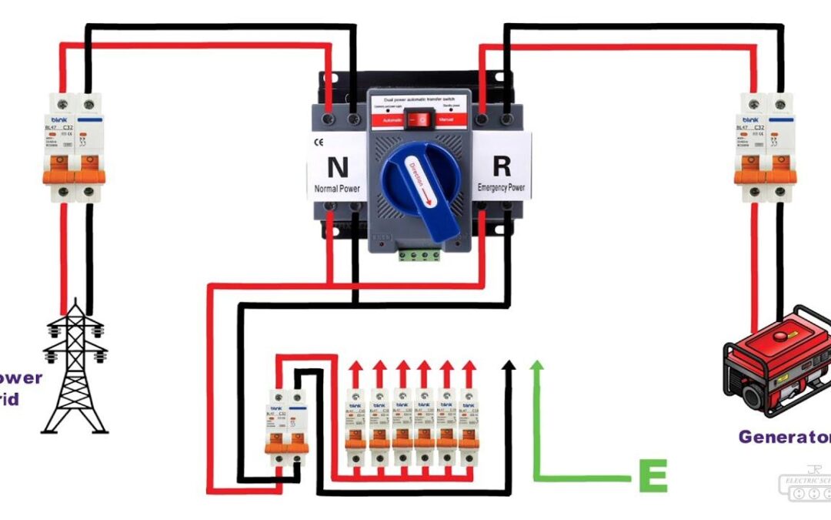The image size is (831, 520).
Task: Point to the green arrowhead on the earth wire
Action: (537, 368)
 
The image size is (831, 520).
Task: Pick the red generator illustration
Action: (776, 361)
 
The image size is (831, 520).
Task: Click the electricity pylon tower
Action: (75, 366)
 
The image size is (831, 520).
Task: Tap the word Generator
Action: (783, 437)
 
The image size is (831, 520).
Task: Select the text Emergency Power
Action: (502, 186)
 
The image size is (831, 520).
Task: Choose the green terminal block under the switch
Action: (419, 255)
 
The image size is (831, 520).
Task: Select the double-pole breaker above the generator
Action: (765, 146)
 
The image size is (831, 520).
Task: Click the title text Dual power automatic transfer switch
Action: (419, 100)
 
